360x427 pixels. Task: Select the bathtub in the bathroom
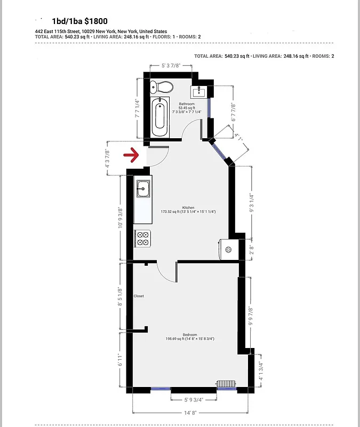pos(159,117)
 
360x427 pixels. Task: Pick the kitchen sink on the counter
pos(142,188)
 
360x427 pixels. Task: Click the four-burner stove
pos(142,238)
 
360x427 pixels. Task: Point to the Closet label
pos(139,296)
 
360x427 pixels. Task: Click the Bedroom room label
pos(190,335)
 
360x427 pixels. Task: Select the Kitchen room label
pos(188,208)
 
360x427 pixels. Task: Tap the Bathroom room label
pos(187,104)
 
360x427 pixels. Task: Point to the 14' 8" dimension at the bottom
pos(190,412)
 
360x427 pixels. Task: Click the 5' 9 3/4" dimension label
pos(194,399)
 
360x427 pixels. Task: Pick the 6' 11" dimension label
pos(121,360)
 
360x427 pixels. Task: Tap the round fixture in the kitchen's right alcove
pos(229,249)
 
